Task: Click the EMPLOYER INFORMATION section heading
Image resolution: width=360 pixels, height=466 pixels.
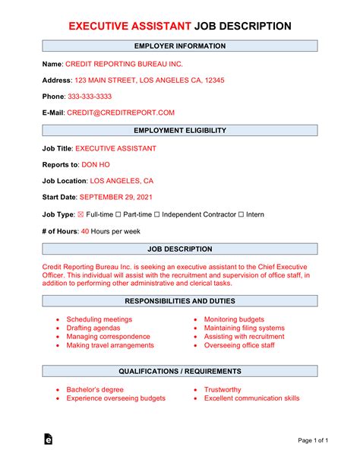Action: click(180, 46)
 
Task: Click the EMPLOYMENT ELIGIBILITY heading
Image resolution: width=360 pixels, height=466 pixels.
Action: click(180, 131)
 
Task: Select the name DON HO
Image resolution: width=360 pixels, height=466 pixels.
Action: click(96, 164)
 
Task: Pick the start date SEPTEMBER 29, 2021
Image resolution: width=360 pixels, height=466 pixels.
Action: click(120, 198)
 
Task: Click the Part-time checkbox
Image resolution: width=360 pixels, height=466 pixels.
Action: click(116, 215)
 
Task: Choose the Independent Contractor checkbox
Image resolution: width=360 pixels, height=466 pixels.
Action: click(157, 215)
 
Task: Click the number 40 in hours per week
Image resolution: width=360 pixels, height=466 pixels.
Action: click(85, 231)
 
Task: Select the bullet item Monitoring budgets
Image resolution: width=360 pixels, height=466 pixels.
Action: click(234, 319)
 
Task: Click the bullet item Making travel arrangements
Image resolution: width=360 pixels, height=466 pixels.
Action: click(110, 345)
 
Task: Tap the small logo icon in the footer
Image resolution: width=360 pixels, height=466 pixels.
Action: click(49, 439)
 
